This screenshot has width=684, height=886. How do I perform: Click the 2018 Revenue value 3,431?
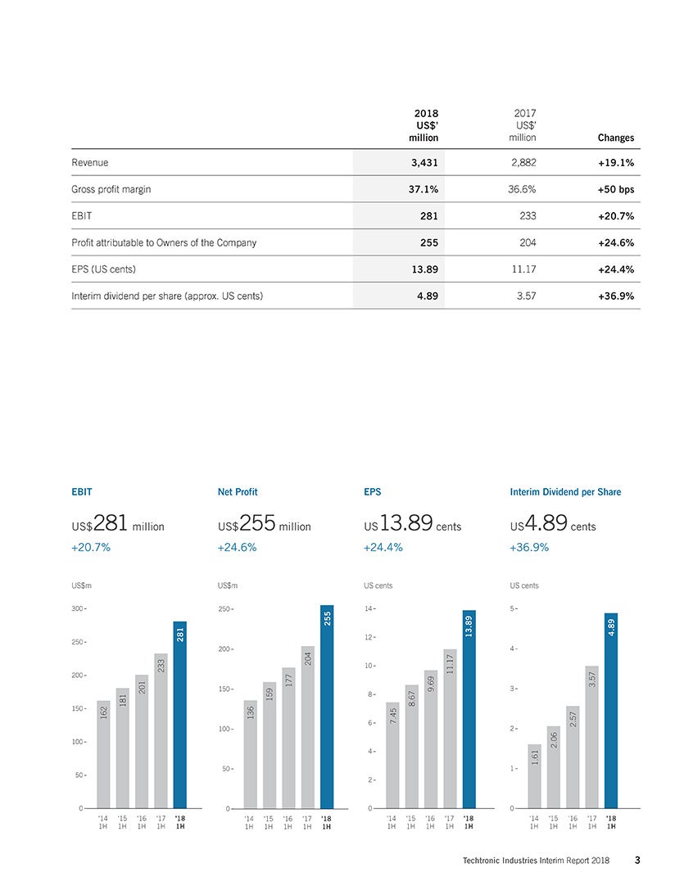coord(424,163)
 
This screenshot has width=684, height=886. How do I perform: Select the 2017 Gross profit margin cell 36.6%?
coord(522,189)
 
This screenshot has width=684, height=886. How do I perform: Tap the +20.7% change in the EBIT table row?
coord(616,216)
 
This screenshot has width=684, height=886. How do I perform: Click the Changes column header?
coord(616,138)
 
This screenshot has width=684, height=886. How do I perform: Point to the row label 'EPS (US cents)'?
coord(103,269)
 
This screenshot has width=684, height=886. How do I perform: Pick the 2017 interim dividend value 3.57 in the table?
coord(526,296)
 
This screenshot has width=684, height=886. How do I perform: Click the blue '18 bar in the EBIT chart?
coord(179,715)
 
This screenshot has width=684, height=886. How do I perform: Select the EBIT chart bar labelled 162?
coord(103,754)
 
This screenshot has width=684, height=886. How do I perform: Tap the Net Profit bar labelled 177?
coord(288,738)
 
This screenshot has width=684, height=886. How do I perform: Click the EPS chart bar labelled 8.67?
coord(411,747)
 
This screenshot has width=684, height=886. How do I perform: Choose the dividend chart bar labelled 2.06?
coord(554,767)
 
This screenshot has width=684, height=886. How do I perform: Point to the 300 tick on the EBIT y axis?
coord(78,608)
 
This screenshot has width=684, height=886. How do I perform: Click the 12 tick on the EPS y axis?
coord(369,637)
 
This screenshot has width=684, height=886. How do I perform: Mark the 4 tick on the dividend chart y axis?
coord(514,649)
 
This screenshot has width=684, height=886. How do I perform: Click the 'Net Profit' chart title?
coord(238,492)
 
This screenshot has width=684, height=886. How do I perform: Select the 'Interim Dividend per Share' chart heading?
coord(565,492)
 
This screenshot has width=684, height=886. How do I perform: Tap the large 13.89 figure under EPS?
coord(406,522)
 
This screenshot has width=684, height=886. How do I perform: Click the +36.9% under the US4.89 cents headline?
coord(529,548)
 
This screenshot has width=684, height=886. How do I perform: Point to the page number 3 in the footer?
coord(637,860)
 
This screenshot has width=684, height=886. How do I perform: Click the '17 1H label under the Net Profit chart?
coord(307,823)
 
